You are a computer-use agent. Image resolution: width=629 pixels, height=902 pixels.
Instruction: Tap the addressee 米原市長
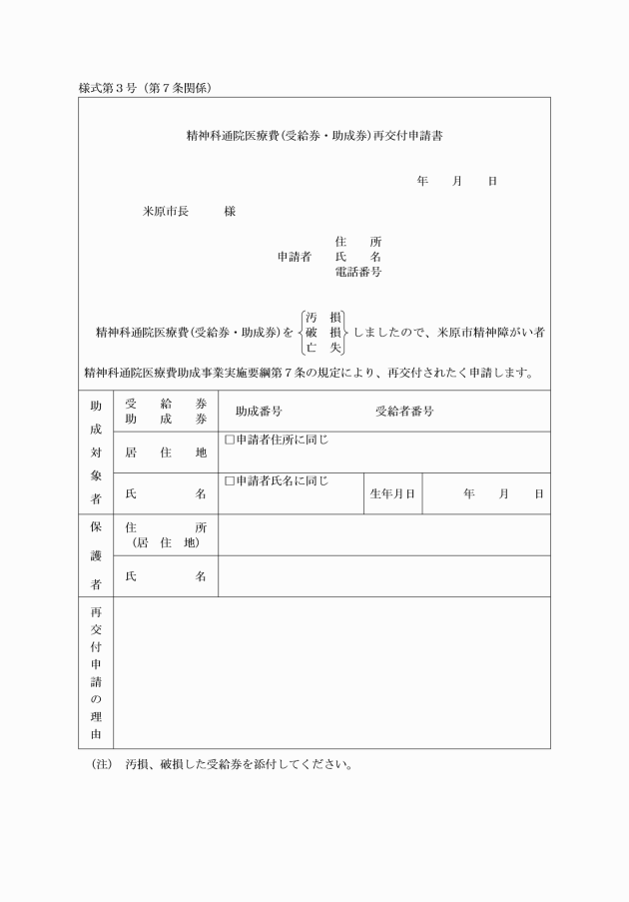pyautogui.click(x=166, y=212)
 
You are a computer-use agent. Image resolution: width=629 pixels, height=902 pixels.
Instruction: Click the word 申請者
pyautogui.click(x=294, y=257)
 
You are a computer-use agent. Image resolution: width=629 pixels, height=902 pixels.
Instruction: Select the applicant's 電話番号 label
pyautogui.click(x=358, y=272)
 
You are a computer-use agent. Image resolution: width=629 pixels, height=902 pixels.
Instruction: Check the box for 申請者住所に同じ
pyautogui.click(x=230, y=440)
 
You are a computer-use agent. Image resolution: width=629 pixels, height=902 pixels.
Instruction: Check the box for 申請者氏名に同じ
pyautogui.click(x=230, y=480)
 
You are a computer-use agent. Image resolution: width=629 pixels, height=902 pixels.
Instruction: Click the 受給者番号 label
pyautogui.click(x=403, y=412)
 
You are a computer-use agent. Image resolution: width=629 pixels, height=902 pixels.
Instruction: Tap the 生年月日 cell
pyautogui.click(x=392, y=493)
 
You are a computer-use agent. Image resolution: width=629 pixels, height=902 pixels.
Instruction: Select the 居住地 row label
pyautogui.click(x=166, y=452)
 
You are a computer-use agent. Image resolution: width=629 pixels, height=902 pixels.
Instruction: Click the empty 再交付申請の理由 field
pyautogui.click(x=331, y=672)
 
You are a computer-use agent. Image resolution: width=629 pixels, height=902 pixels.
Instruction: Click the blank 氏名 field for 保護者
pyautogui.click(x=383, y=576)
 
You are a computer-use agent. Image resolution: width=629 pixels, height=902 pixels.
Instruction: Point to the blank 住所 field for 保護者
pyautogui.click(x=383, y=534)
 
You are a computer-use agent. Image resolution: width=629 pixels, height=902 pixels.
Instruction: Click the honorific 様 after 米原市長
pyautogui.click(x=230, y=212)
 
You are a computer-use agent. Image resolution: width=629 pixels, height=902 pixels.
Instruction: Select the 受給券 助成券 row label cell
pyautogui.click(x=166, y=412)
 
